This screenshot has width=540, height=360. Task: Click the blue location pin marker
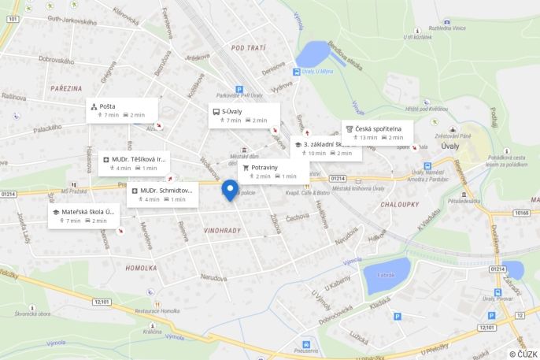pos(230,189)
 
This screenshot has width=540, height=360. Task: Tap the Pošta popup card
pos(122,110)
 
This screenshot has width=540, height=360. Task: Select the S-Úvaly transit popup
pos(243,116)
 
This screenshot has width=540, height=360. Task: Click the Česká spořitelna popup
pos(378,132)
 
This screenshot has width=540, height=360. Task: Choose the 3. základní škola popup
pos(325,148)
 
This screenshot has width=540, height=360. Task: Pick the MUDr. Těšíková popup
pos(135,163)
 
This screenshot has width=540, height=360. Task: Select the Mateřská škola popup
pos(83,216)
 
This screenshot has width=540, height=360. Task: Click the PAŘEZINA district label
pos(67,89)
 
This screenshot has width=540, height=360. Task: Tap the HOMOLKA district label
pos(141,267)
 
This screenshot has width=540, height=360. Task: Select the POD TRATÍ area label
pos(248,48)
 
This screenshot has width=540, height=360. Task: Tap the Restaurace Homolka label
pos(157,311)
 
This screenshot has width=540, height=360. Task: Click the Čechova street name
pos(298,217)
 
